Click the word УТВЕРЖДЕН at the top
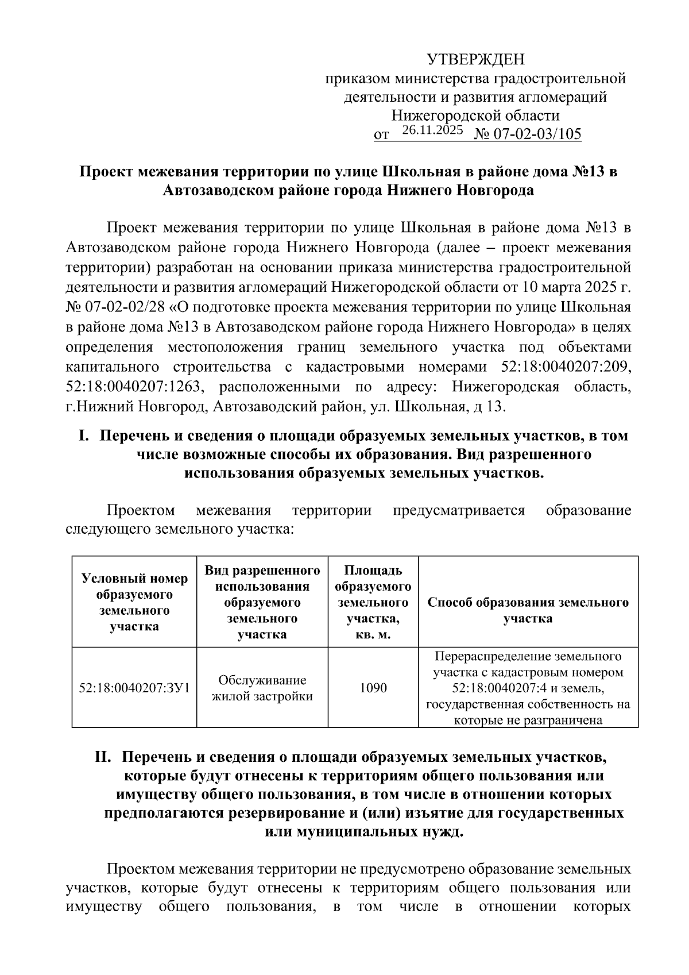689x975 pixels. pyautogui.click(x=475, y=60)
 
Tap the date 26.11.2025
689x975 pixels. pyautogui.click(x=432, y=130)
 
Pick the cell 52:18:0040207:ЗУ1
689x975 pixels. pyautogui.click(x=134, y=688)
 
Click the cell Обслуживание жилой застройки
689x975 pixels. pyautogui.click(x=262, y=688)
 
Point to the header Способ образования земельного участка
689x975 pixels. pyautogui.click(x=528, y=610)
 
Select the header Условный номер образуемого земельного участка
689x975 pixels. pyautogui.click(x=134, y=602)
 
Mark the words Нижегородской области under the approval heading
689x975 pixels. pyautogui.click(x=475, y=115)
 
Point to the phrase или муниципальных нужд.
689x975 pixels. pyautogui.click(x=364, y=832)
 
